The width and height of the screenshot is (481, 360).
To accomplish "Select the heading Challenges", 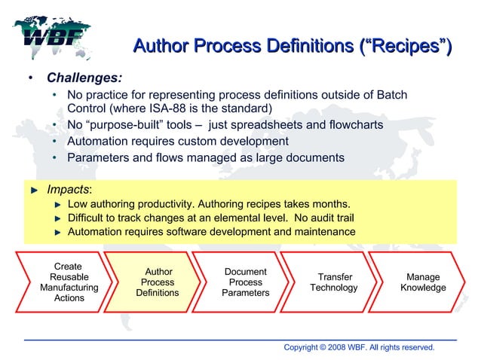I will [x=84, y=78].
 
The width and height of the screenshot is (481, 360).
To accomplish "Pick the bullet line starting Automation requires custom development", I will [x=177, y=141].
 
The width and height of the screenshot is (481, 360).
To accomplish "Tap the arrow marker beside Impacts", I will [x=33, y=190].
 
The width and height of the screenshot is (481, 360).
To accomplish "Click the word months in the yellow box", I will [x=329, y=205].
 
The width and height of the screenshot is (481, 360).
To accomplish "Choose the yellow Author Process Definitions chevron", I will [x=156, y=282].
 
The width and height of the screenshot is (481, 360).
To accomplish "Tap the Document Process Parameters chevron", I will [x=245, y=282].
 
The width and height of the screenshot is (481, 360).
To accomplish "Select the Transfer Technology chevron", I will [x=334, y=282].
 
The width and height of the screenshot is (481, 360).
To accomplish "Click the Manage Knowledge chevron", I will [x=422, y=282].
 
